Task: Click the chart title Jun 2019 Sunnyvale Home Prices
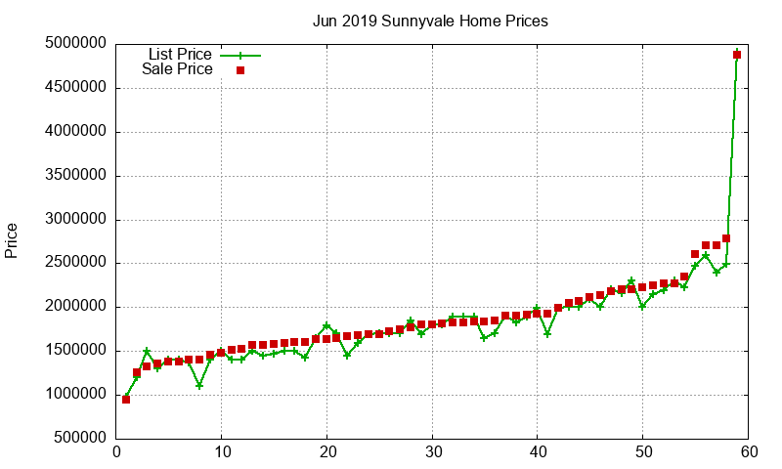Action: (x=430, y=21)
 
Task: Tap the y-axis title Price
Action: (x=12, y=240)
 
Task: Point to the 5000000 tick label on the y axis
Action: (x=75, y=44)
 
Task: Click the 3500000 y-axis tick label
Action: (x=75, y=176)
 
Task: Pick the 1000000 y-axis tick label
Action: (x=75, y=395)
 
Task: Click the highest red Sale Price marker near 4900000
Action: (x=737, y=55)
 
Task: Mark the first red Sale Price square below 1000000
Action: (x=126, y=399)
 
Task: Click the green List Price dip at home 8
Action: (x=199, y=385)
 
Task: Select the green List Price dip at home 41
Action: (x=547, y=333)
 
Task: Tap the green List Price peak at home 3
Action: (x=147, y=351)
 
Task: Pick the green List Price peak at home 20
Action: (x=326, y=325)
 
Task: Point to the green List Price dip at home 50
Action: (x=642, y=306)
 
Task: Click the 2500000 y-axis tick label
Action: (x=75, y=263)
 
